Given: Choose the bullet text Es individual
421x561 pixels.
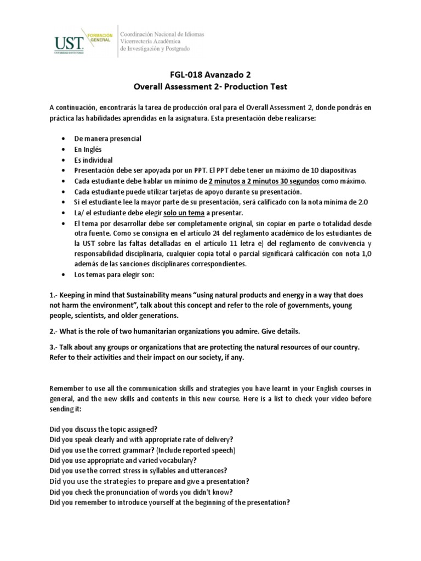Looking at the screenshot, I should point(93,160).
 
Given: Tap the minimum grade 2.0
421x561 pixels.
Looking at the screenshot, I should point(362,202).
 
